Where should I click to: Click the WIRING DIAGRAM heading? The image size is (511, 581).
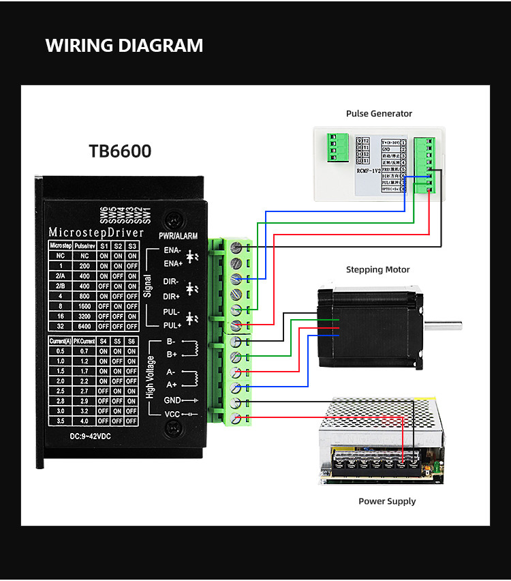pos(124,46)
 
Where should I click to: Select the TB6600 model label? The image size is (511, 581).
pos(120,151)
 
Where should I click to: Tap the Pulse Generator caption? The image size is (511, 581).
pos(379,114)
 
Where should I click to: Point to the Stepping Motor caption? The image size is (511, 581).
pos(377,270)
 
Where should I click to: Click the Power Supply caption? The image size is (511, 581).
pos(387,501)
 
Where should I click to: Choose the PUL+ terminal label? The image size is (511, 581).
pos(171,325)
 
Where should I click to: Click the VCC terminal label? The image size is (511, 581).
pos(172,415)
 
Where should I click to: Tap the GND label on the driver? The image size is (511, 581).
pos(172,400)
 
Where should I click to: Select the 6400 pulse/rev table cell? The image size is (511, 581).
pos(84,326)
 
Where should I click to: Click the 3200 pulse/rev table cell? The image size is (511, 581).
pos(84,316)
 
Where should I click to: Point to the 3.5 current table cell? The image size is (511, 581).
pos(60,421)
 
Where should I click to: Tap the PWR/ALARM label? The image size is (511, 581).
pos(178,236)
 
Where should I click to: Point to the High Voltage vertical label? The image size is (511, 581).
pos(149,377)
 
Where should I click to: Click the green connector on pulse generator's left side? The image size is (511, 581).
pos(333,147)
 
